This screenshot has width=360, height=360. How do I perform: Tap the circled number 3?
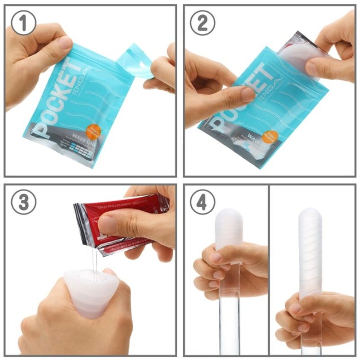23,202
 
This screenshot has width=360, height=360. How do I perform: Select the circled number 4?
202,202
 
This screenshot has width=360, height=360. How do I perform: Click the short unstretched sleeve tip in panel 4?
229,225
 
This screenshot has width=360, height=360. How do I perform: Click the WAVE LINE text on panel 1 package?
84,143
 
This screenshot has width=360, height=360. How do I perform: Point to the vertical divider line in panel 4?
269,270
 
